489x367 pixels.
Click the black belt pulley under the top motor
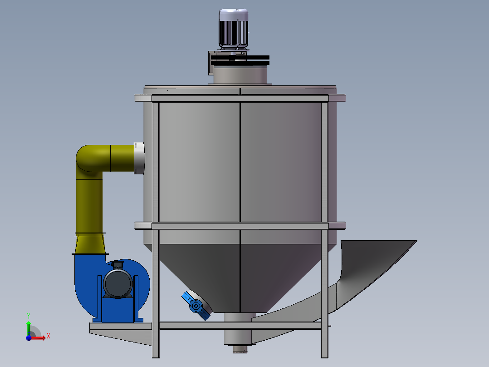point(240,60)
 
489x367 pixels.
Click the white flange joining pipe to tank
point(140,158)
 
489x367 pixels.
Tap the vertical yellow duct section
point(89,204)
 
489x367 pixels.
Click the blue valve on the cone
point(196,306)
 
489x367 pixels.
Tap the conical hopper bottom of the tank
point(240,273)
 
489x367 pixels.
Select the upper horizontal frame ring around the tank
point(240,98)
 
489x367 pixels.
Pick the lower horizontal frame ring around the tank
point(240,225)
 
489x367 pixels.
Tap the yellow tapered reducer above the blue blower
point(90,244)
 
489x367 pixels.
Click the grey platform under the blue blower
point(120,326)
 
